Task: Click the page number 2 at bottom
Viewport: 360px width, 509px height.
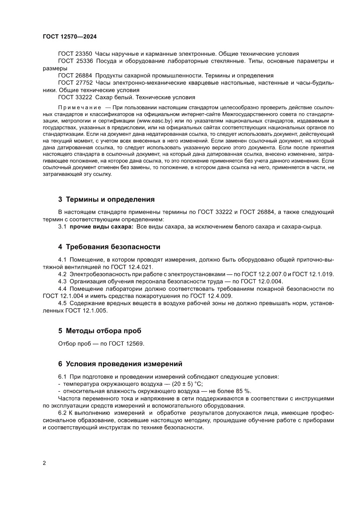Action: tap(45, 463)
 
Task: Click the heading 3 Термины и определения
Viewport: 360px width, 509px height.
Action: tap(107, 200)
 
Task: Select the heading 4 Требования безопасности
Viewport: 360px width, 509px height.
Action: tap(109, 247)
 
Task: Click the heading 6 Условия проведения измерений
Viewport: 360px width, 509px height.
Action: tap(120, 364)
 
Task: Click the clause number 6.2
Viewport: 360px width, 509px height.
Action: tap(63, 412)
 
